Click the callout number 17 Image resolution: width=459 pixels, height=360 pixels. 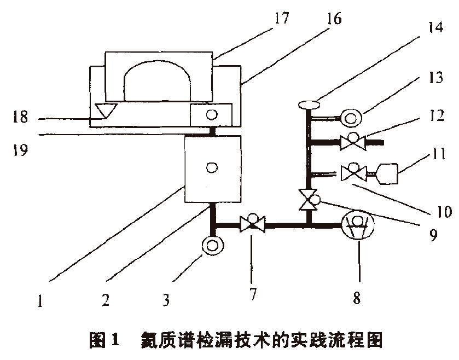coord(282,18)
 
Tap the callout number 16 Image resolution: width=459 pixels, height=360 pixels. coord(334,19)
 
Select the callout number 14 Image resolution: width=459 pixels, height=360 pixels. coord(435,27)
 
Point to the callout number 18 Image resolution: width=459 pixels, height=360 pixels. coord(20,117)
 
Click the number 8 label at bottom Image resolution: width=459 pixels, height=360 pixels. coord(357,298)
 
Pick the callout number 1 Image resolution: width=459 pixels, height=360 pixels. coord(40,300)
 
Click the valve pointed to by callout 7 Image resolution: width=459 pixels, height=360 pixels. coord(252,223)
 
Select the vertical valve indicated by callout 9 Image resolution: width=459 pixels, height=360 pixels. coord(309,199)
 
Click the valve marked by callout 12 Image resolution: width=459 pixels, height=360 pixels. coord(353,142)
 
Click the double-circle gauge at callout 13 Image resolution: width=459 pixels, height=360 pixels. coord(351,118)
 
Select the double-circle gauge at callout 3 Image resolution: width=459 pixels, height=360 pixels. coord(213,245)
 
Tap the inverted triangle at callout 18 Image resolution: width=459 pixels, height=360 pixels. coord(106,111)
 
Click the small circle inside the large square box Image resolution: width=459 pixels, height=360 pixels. coord(212,168)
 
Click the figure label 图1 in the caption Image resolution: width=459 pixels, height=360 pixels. coord(104,340)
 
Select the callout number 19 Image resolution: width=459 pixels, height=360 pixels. coord(20,149)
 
